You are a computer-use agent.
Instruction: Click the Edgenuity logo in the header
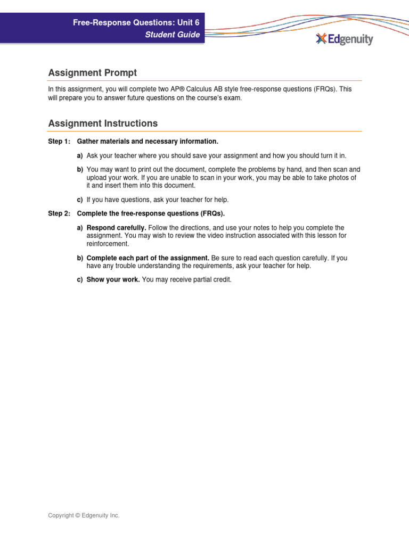click(x=344, y=39)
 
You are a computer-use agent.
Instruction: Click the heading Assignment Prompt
click(x=92, y=72)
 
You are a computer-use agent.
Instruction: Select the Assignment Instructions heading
click(x=103, y=123)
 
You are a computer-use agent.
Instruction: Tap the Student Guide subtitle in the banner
click(x=173, y=35)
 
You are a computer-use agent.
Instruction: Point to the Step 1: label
click(x=59, y=142)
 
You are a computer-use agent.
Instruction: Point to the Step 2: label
click(x=59, y=214)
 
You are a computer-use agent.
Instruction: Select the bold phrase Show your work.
click(x=113, y=279)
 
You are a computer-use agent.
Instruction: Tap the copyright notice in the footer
click(x=84, y=516)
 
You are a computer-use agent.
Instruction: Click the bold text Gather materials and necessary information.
click(x=148, y=142)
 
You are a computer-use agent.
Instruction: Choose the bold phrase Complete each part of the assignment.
click(x=148, y=258)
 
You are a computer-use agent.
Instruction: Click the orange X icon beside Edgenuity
click(x=321, y=39)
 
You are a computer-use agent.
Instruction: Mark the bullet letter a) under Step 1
click(x=80, y=155)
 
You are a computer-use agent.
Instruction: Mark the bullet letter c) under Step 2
click(x=80, y=279)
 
